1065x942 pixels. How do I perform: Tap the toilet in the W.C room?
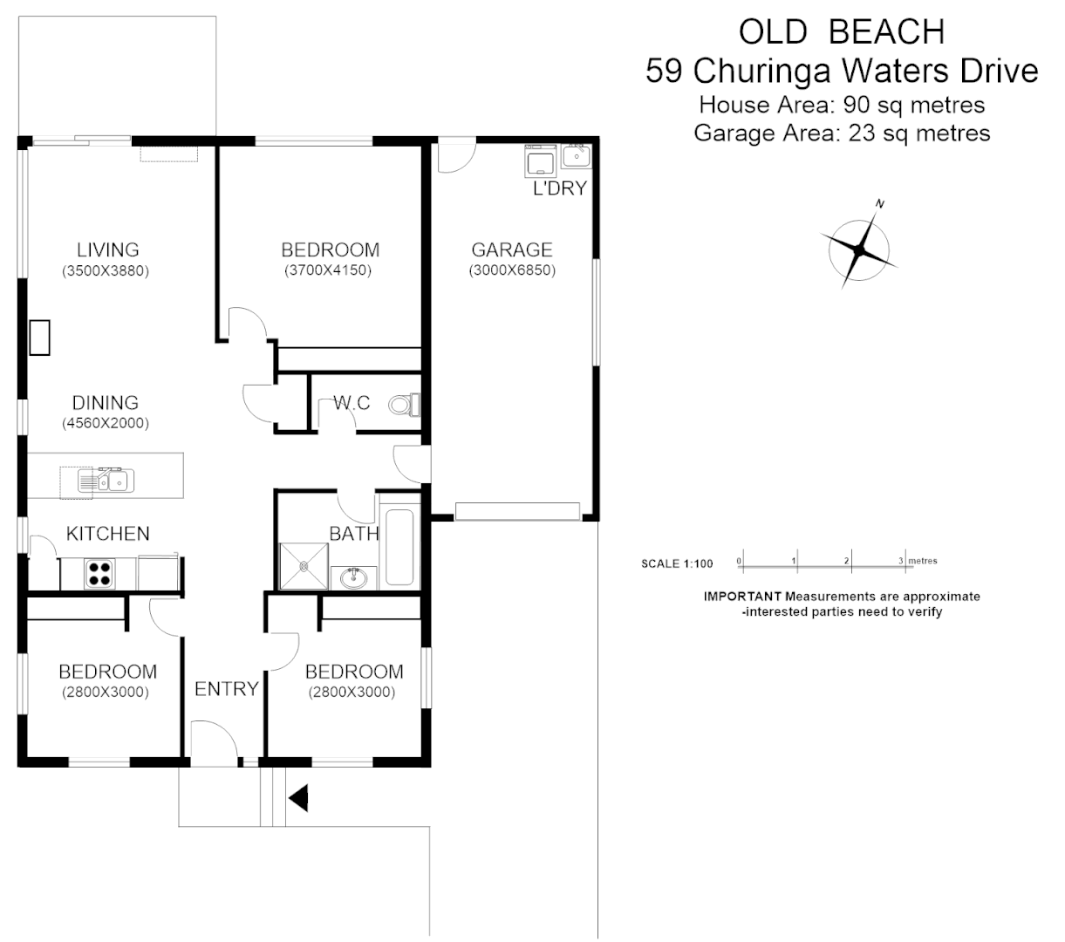pyautogui.click(x=404, y=405)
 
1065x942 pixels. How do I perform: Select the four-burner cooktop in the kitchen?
pyautogui.click(x=99, y=572)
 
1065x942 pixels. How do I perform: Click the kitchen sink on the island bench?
pyautogui.click(x=104, y=481)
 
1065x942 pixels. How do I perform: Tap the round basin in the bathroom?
pyautogui.click(x=354, y=577)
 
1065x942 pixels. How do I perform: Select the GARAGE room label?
pyautogui.click(x=512, y=249)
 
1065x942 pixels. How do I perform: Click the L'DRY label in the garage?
pyautogui.click(x=559, y=188)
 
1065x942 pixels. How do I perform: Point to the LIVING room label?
pyautogui.click(x=107, y=250)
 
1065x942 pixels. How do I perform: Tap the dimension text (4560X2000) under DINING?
pyautogui.click(x=106, y=423)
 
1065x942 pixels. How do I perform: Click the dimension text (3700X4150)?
pyautogui.click(x=328, y=270)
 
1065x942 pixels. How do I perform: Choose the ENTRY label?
pyautogui.click(x=226, y=689)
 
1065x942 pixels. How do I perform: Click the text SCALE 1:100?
pyautogui.click(x=677, y=563)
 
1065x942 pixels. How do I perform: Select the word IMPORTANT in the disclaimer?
pyautogui.click(x=742, y=597)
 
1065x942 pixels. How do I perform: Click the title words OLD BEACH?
pyautogui.click(x=842, y=32)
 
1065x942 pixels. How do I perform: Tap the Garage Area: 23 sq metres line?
pyautogui.click(x=842, y=133)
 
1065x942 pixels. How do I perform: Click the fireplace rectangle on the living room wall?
pyautogui.click(x=39, y=338)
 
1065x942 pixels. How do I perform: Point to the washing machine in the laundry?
pyautogui.click(x=540, y=160)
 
